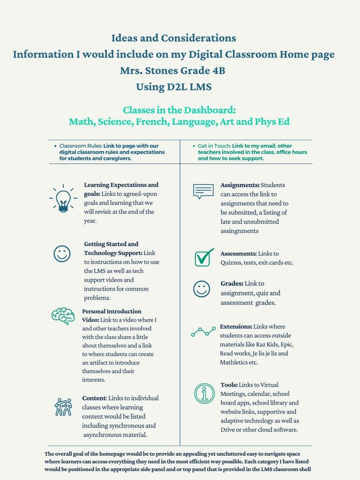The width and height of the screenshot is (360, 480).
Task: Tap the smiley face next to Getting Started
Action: tap(61, 254)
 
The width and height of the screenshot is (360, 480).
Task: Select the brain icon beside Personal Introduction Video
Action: tap(63, 316)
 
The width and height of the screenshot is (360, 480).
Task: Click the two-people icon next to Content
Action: tap(63, 407)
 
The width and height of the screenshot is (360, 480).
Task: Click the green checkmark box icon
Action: tap(204, 257)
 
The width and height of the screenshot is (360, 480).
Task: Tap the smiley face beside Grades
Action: tap(202, 288)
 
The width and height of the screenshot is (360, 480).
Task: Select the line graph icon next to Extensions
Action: tap(203, 332)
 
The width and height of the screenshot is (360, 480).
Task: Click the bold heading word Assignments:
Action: tap(240, 185)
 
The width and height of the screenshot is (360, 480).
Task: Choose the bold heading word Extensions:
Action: tap(236, 326)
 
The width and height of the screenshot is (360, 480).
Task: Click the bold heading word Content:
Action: tap(94, 398)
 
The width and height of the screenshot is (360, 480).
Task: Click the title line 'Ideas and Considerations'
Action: tap(173, 38)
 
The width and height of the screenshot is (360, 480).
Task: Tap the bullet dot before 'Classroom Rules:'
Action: tap(55, 146)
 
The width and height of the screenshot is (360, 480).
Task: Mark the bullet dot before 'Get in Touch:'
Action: tap(194, 146)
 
